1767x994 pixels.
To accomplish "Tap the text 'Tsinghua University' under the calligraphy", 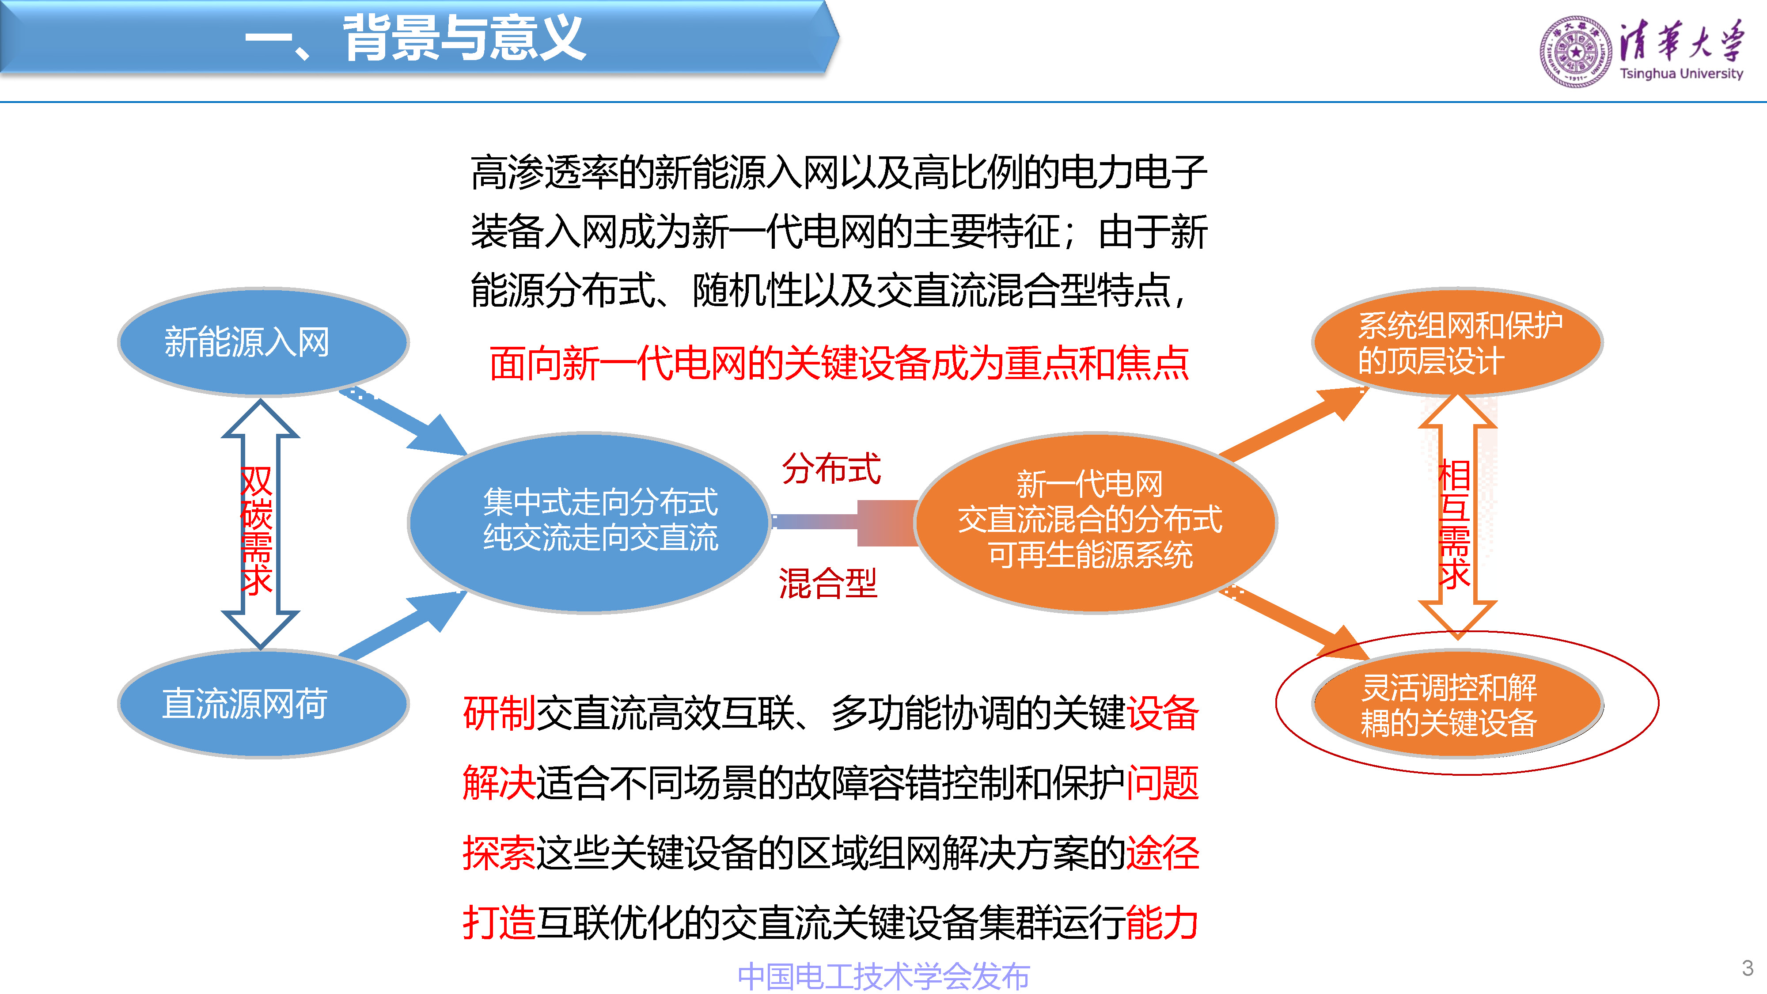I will point(1680,73).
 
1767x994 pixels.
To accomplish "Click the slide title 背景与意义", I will point(464,38).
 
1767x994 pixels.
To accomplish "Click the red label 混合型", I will point(828,584).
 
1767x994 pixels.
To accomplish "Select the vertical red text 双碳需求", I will point(257,530).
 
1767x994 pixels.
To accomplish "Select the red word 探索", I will point(499,854).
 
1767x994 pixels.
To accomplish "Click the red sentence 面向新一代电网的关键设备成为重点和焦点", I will point(838,364).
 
